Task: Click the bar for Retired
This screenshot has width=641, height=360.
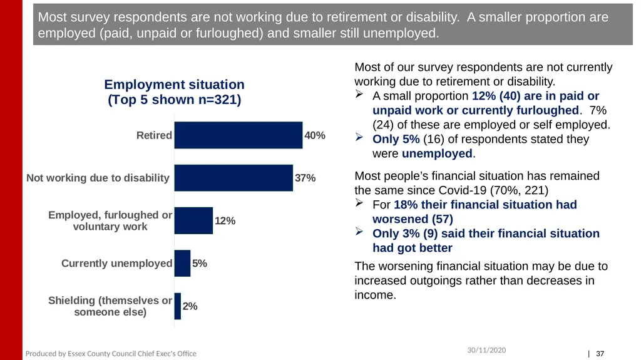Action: (x=238, y=135)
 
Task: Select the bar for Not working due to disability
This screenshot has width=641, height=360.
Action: (x=233, y=178)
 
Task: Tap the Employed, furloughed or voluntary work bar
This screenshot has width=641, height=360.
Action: (x=193, y=220)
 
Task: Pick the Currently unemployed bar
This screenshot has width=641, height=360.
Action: (x=182, y=263)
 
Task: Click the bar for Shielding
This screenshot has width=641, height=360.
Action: (x=177, y=306)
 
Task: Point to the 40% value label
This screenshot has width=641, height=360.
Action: (x=315, y=135)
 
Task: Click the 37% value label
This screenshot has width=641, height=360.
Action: (x=305, y=178)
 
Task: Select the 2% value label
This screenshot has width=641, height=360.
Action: (x=190, y=306)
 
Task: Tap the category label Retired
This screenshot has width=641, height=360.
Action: (x=154, y=135)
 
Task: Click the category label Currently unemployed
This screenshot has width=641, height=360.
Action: (x=116, y=263)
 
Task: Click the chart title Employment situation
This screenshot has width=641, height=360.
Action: (x=174, y=85)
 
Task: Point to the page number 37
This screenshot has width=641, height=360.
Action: (x=600, y=354)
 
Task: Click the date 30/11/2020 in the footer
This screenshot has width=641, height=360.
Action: (x=486, y=350)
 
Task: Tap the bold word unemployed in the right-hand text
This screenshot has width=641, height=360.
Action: (x=437, y=153)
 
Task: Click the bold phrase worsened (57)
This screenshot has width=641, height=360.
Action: (x=413, y=219)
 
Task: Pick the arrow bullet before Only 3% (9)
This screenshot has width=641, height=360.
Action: (x=359, y=232)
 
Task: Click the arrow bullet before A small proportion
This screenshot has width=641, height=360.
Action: (x=359, y=94)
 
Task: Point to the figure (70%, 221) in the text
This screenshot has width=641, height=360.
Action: (x=519, y=190)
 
